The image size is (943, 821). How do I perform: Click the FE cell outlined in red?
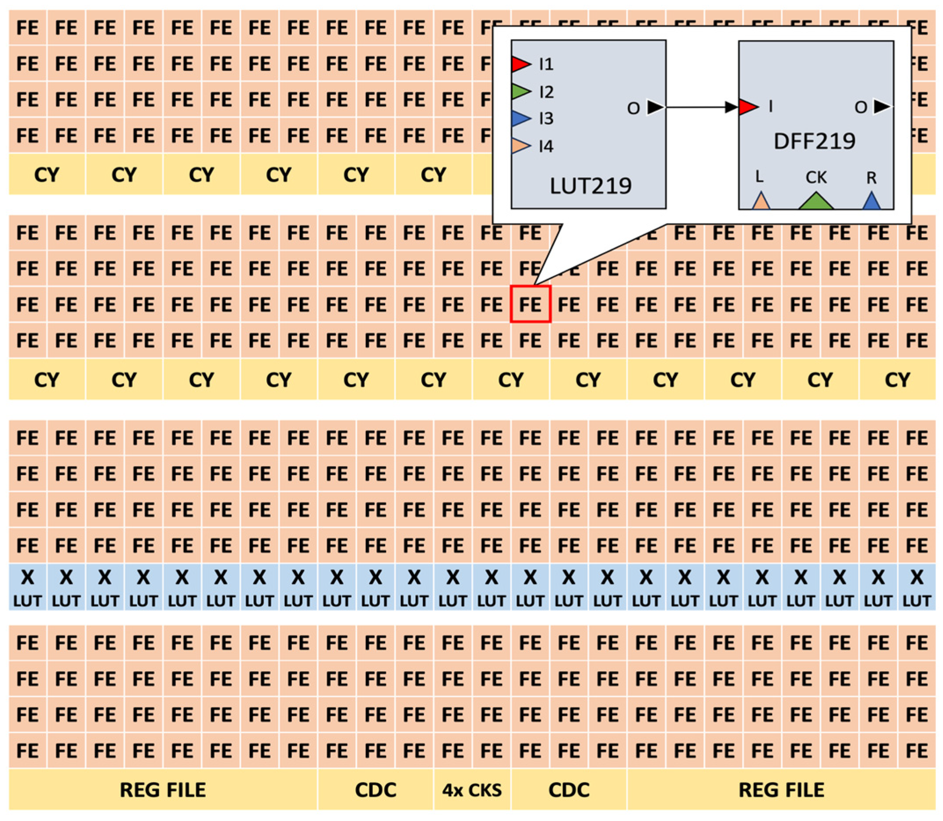point(530,304)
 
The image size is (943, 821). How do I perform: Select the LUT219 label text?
point(590,186)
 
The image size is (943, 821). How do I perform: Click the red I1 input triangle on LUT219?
point(520,64)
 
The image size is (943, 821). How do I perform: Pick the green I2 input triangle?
point(520,92)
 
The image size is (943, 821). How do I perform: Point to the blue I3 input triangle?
point(520,119)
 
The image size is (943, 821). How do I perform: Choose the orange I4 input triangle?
point(520,146)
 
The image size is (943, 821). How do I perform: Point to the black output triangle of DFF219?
point(881,107)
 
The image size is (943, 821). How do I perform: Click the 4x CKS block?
point(472,790)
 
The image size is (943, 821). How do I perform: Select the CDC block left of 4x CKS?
point(375,790)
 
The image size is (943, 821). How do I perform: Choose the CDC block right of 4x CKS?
point(568,790)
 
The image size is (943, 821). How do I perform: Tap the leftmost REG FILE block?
point(163,790)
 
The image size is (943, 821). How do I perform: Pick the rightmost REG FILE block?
point(781,790)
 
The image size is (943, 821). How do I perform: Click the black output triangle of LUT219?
point(655,108)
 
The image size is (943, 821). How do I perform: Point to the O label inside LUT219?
point(633,109)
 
